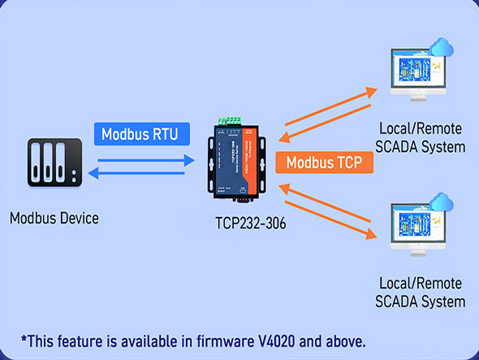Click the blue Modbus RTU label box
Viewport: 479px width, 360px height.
tap(142, 134)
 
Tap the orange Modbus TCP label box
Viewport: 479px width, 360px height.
tap(324, 163)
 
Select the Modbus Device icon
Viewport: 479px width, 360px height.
tap(54, 163)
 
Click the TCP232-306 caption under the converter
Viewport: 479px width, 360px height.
tap(251, 223)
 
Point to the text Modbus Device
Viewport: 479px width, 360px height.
tap(54, 219)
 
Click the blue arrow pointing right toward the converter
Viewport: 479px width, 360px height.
tap(146, 160)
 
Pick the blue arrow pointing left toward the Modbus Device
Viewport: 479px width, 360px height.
tap(136, 173)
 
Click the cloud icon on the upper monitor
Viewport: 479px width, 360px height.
tap(441, 47)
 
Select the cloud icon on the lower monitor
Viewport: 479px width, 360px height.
tap(441, 202)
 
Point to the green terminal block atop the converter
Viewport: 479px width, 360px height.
tap(230, 121)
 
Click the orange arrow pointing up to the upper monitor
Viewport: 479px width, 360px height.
tap(331, 106)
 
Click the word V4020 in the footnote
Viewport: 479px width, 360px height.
tap(277, 341)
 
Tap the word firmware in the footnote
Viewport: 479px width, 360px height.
tap(225, 341)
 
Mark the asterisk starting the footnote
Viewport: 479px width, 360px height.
tap(24, 339)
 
